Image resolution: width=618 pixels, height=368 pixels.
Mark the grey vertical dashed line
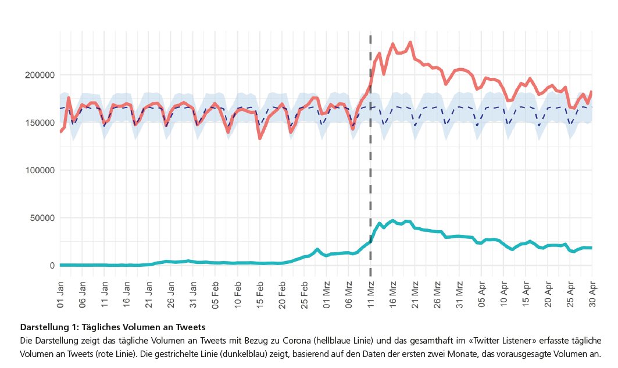click(370, 174)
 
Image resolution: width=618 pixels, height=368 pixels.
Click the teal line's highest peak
click(393, 221)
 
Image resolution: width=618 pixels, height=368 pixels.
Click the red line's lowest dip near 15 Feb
click(260, 138)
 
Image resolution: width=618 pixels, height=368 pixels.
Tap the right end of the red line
click(592, 92)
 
